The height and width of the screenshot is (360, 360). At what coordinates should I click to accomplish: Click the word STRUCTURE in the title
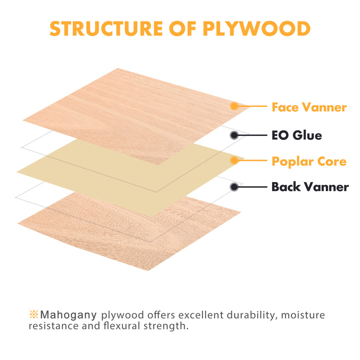coord(106,28)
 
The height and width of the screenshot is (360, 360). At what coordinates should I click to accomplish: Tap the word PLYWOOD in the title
coord(256,28)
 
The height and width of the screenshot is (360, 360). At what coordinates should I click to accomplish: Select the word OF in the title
coord(182,28)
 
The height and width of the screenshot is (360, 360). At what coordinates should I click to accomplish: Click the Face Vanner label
coord(309,107)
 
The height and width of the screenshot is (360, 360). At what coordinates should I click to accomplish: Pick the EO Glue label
coord(296,135)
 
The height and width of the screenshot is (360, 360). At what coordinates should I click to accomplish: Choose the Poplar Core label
coord(309,161)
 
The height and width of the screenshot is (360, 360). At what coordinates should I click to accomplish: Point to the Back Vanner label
coord(310,186)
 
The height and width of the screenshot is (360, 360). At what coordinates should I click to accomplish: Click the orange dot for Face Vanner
coord(234,106)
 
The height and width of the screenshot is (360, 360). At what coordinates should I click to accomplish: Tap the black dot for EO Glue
coord(234,135)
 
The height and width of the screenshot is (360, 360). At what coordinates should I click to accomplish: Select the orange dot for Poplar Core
coord(234,160)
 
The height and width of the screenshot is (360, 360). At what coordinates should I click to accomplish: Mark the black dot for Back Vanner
coord(234,187)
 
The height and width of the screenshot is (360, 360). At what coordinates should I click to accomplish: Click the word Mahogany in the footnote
coord(68,315)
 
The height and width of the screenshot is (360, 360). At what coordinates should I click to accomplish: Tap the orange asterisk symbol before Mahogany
coord(33,314)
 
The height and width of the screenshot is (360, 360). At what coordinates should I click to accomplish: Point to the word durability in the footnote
coord(250,315)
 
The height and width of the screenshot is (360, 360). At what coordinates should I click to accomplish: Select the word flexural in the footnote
coord(121,326)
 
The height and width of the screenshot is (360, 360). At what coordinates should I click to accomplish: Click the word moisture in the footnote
coord(303,315)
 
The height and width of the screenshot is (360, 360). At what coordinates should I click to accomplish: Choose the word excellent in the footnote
coord(201,315)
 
